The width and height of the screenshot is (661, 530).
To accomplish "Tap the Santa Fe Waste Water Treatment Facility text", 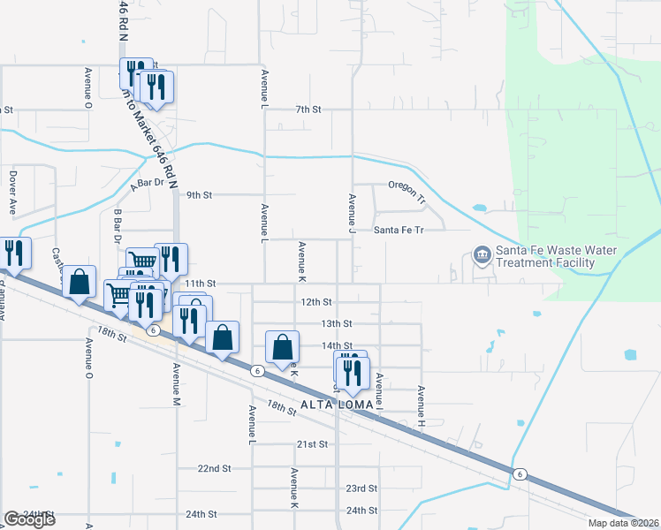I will pyautogui.click(x=556, y=256).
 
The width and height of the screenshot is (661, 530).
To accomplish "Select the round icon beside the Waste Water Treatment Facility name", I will pyautogui.click(x=482, y=256).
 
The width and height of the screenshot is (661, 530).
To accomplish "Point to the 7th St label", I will pyautogui.click(x=308, y=110).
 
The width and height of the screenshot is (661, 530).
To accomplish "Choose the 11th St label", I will pyautogui.click(x=204, y=284).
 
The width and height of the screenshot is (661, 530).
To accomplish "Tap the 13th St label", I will pyautogui.click(x=337, y=324).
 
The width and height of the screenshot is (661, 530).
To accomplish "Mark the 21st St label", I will pyautogui.click(x=312, y=443).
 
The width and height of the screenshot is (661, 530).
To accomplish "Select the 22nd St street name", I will pyautogui.click(x=214, y=468).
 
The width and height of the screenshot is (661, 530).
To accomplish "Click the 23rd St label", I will pyautogui.click(x=361, y=488).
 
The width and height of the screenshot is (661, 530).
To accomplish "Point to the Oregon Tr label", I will pyautogui.click(x=406, y=187).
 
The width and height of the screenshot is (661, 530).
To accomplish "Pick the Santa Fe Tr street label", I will pyautogui.click(x=399, y=230).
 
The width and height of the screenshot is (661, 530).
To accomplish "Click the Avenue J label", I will pyautogui.click(x=352, y=208).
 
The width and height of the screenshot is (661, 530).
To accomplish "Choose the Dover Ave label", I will pyautogui.click(x=13, y=193).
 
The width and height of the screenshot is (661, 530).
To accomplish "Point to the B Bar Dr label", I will pyautogui.click(x=117, y=226).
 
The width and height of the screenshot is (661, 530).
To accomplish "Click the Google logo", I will pyautogui.click(x=30, y=519).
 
